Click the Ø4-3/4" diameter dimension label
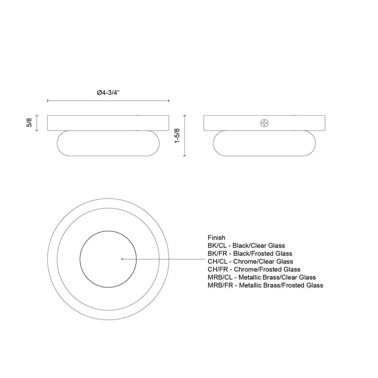tap(108, 93)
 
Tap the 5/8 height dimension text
tap(29, 122)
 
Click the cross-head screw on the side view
tap(265, 123)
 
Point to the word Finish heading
tap(216, 237)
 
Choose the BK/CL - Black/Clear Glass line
tap(246, 245)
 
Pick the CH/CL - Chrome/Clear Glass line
tap(250, 261)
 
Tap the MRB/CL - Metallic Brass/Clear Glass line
tap(262, 277)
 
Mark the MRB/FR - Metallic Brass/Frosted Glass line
tap(265, 285)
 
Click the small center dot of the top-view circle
tap(122, 259)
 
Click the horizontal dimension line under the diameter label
tap(108, 101)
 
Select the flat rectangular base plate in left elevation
tap(109, 122)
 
